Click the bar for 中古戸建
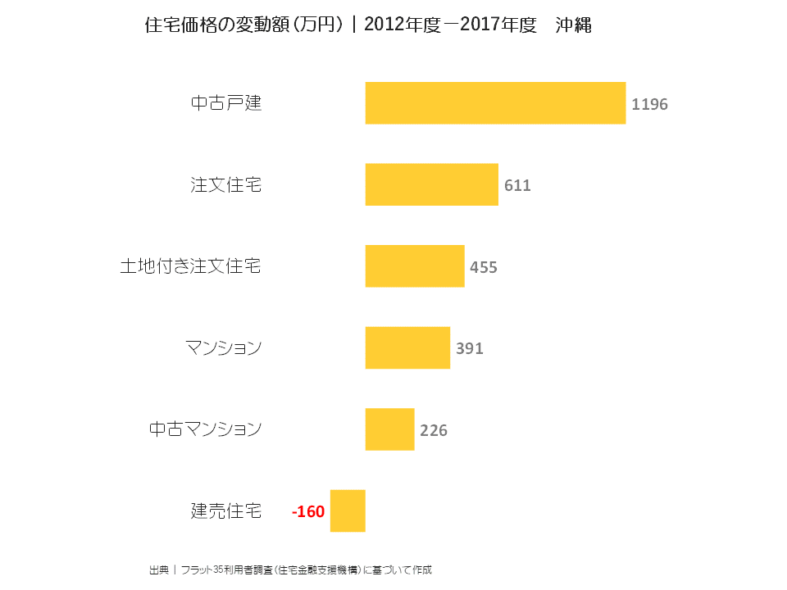[x=495, y=103]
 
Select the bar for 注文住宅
[x=431, y=184]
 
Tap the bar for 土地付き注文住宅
[x=415, y=266]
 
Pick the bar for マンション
[x=407, y=347]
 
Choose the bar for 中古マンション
[x=389, y=429]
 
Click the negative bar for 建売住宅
[x=348, y=511]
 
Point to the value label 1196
[x=649, y=105]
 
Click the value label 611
[x=517, y=186]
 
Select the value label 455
[x=484, y=267]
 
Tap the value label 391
[x=470, y=348]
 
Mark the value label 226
[x=434, y=430]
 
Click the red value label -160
[x=308, y=512]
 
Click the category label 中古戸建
[x=226, y=103]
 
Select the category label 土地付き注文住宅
[x=191, y=266]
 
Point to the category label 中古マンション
[x=206, y=429]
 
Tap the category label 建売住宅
[x=226, y=511]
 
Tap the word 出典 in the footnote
[x=158, y=570]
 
